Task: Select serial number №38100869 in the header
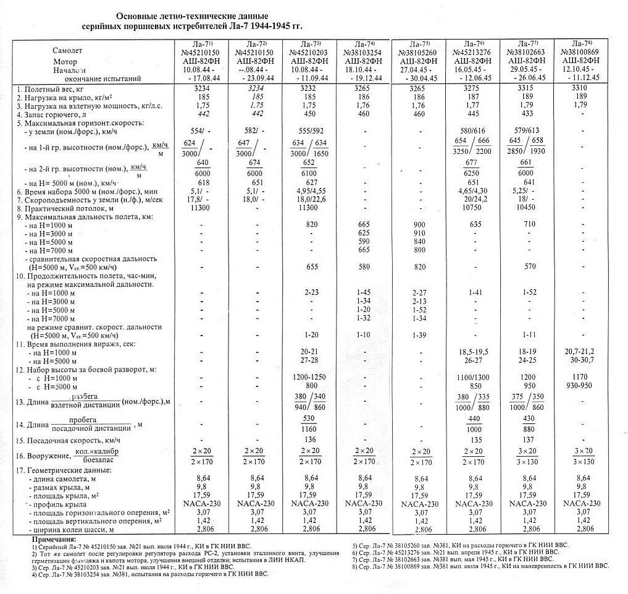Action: coord(582,53)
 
